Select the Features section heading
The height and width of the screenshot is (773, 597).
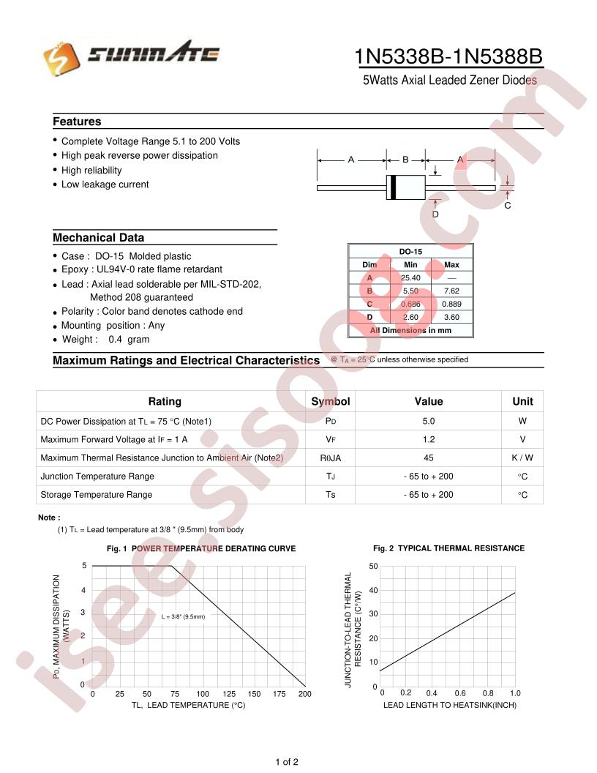(x=77, y=122)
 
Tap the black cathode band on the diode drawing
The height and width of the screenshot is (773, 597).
(x=393, y=187)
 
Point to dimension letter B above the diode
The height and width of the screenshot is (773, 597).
(x=405, y=159)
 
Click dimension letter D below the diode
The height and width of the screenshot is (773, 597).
(x=435, y=214)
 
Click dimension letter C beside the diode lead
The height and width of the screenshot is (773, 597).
(x=508, y=206)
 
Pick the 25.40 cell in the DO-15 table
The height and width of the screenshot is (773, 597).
(x=410, y=278)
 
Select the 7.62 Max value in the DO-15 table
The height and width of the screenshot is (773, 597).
(x=451, y=291)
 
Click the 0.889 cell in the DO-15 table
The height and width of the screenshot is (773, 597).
(x=451, y=304)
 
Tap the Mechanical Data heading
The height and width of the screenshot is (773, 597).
(x=98, y=238)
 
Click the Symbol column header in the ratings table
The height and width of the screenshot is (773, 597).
(x=331, y=401)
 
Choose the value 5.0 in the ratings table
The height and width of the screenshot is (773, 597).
(x=429, y=421)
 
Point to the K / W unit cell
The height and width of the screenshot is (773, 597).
(x=522, y=458)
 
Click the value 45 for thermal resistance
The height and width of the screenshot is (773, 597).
(x=429, y=458)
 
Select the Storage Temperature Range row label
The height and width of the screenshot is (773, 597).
(x=97, y=495)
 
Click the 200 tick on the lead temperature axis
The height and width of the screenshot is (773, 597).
(x=305, y=693)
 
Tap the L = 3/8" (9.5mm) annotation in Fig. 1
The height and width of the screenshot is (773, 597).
(x=183, y=616)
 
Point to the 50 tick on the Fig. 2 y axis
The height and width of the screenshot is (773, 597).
(x=373, y=567)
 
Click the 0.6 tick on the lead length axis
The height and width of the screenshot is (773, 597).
(x=459, y=692)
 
